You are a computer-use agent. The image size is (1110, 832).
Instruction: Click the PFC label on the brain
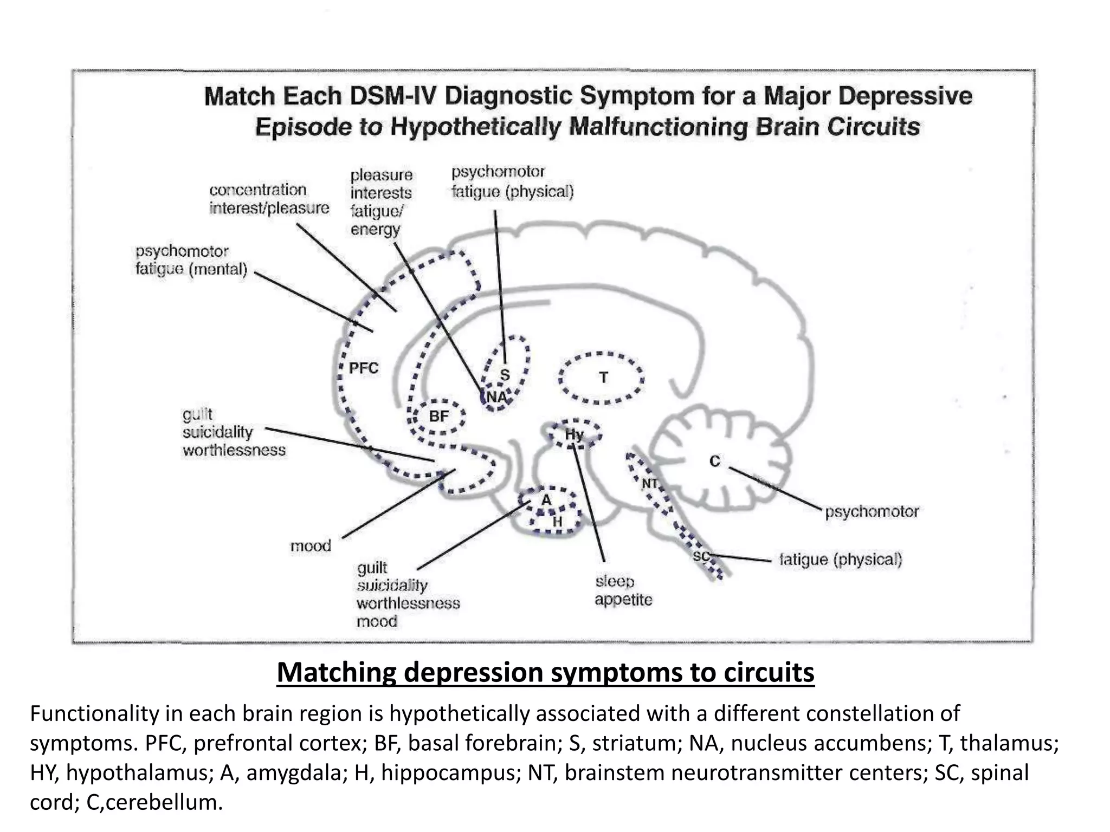[363, 368]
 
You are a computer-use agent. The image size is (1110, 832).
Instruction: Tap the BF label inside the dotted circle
[438, 416]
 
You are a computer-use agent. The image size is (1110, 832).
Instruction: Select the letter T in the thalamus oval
[603, 378]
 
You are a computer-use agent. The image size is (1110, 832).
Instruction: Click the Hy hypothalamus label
[574, 434]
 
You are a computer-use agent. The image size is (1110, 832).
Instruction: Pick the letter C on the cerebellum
[715, 461]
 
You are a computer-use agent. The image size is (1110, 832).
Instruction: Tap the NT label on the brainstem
[649, 483]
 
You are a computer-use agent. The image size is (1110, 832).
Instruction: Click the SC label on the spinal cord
[701, 556]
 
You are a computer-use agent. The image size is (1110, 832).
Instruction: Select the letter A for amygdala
[546, 500]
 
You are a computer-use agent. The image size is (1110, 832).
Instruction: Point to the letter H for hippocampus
[557, 522]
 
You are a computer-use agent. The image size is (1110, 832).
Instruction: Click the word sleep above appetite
[615, 581]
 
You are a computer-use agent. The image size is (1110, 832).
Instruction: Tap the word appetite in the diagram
[623, 600]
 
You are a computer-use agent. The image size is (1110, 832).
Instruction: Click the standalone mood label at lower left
[311, 545]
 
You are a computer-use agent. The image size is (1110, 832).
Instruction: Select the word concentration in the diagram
[257, 190]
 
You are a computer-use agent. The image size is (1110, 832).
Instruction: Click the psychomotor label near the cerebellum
[872, 511]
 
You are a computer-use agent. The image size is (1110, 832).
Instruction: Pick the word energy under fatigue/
[375, 229]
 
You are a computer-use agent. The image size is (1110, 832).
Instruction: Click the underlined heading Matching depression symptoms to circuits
[545, 672]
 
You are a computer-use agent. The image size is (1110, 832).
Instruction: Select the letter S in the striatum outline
[505, 374]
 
